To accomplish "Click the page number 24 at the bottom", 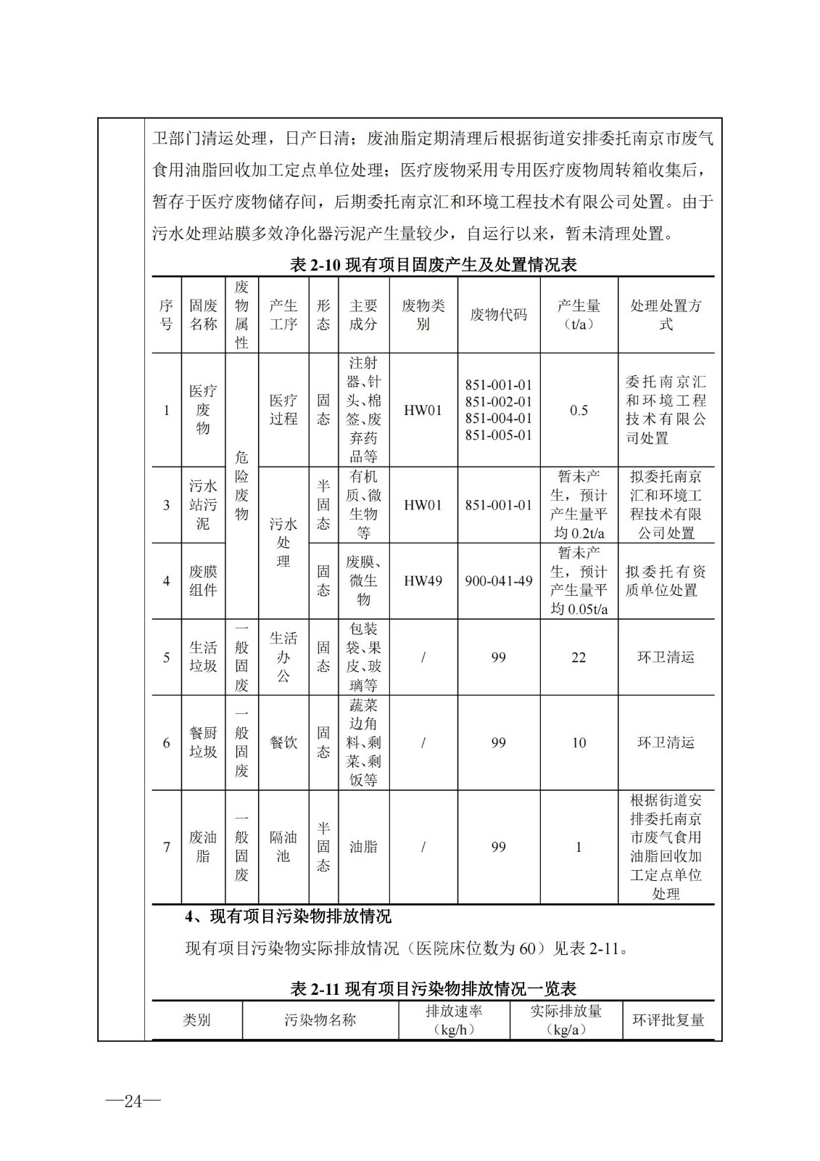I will coord(133,1101).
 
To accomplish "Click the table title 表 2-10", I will coord(433,265).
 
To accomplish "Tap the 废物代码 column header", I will coord(498,315).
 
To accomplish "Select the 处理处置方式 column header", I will coord(666,315).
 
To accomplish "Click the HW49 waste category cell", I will coord(423,581).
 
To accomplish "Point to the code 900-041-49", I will coord(498,581).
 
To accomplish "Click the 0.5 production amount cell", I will coord(578,411).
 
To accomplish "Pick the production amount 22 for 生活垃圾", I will coord(578,657).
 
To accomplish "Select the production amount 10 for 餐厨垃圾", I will coord(578,743).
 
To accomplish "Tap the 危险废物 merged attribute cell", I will coord(241,485).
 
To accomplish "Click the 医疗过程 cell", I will coord(283,410).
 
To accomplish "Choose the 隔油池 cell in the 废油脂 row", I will coord(283,847).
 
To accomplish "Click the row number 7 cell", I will coord(167,847).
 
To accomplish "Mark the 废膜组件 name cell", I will coord(203,581).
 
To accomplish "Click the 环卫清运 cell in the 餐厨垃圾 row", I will coord(666,743).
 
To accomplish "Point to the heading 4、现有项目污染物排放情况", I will coord(288,916).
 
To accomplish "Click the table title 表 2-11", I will coord(433,988).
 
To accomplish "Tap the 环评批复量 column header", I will coord(668,1020).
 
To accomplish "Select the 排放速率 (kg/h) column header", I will coord(454,1020).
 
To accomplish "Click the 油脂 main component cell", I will coord(363,847).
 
